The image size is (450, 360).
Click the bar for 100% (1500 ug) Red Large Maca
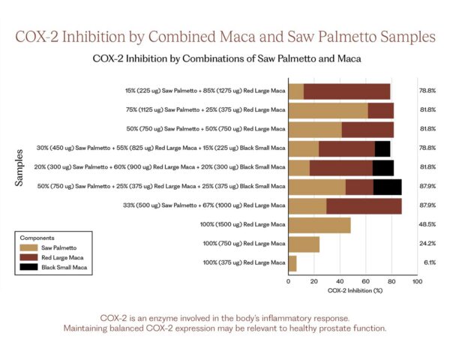point(319,225)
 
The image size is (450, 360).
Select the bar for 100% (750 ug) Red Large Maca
point(304,244)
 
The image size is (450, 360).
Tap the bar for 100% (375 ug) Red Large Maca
point(292,263)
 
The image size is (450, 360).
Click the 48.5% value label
point(427,225)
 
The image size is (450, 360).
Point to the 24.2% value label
point(427,244)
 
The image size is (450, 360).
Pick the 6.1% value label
point(429,263)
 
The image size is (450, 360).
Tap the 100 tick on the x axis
point(417,281)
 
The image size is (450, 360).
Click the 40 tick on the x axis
point(340,281)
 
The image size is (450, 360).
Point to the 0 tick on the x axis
point(289,281)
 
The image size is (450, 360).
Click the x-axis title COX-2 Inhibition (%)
point(352,290)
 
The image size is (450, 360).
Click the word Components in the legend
point(37,235)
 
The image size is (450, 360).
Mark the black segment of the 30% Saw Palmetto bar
point(382,148)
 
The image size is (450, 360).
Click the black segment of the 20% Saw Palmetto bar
point(383,167)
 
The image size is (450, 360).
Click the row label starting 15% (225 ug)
point(205,91)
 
